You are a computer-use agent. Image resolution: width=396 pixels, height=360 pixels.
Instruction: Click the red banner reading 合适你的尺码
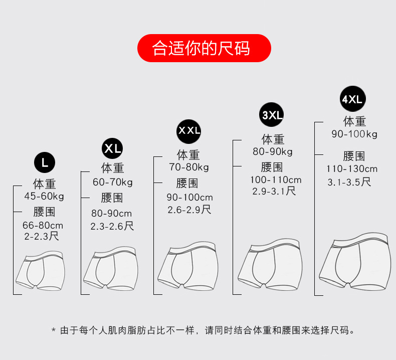[x=204, y=49]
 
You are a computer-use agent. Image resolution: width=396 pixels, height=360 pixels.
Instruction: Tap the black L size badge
[x=45, y=162]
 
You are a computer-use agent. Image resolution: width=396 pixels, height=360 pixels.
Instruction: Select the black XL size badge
[x=112, y=148]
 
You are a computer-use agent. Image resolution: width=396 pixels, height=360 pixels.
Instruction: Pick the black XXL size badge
[x=189, y=131]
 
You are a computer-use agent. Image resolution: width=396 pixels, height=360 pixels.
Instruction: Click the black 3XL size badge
[x=272, y=115]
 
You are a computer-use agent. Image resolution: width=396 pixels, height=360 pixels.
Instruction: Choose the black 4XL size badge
[x=352, y=99]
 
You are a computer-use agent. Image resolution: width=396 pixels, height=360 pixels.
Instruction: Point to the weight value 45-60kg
[x=44, y=196]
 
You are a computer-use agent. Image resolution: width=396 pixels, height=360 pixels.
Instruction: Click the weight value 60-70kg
[x=112, y=182]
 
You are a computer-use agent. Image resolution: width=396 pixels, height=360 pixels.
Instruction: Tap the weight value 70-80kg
[x=188, y=167]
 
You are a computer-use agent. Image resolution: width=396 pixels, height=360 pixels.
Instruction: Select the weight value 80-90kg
[x=272, y=152]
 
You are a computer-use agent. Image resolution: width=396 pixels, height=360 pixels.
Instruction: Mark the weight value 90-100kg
[x=354, y=134]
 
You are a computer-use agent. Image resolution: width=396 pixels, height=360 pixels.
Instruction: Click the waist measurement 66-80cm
[x=43, y=226]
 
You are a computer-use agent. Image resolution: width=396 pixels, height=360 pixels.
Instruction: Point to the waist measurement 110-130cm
[x=352, y=169]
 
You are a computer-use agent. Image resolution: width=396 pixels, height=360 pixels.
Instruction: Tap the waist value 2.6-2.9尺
[x=189, y=210]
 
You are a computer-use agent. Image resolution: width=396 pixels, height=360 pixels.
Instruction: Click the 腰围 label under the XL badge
[x=112, y=198]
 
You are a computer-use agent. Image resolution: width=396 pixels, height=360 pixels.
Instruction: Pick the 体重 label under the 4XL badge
[x=354, y=121]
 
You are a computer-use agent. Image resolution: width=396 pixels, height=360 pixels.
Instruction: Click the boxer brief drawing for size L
[x=41, y=273]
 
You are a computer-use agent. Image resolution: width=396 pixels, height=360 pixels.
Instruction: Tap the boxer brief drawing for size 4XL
[x=354, y=263]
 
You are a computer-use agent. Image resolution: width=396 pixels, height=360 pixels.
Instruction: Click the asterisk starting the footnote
[x=54, y=330]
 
